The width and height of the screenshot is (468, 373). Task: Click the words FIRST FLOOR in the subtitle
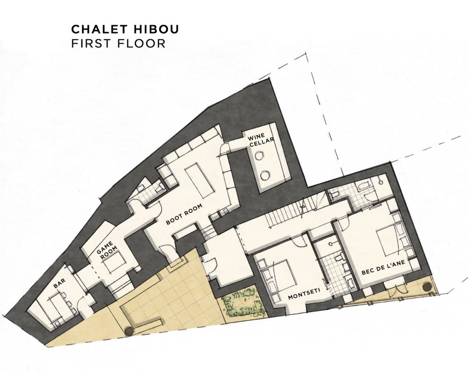click(x=118, y=43)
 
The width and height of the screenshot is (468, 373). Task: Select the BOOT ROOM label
click(x=184, y=214)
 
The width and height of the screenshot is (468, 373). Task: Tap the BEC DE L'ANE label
click(x=383, y=267)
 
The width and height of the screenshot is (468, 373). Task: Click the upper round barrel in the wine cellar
click(x=259, y=156)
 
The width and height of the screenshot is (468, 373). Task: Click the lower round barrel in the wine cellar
click(x=265, y=175)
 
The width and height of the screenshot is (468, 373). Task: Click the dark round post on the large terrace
click(x=129, y=330)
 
